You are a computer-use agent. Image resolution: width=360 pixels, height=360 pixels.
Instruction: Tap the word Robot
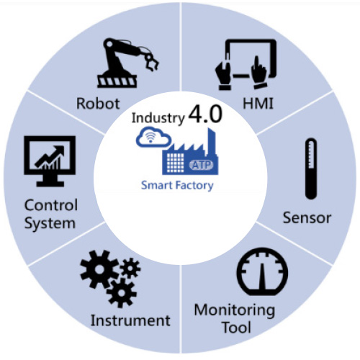coord(98,104)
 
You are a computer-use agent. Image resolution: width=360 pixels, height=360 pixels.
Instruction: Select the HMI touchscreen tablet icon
coord(246,64)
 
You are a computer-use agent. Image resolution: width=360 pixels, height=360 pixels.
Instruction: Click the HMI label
coord(258,104)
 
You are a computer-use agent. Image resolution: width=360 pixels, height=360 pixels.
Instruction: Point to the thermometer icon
coord(311,168)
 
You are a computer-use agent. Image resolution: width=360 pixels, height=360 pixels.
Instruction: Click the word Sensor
coord(307,218)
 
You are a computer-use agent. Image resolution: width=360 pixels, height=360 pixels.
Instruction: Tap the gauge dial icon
coord(262,272)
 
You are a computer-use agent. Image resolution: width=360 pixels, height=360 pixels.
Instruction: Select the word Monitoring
coord(235,311)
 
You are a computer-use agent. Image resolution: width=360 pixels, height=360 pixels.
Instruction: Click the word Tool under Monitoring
coord(237,327)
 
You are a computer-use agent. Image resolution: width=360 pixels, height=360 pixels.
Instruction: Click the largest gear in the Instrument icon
coord(99,269)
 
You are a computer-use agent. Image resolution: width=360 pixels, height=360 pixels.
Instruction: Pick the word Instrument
coord(130,320)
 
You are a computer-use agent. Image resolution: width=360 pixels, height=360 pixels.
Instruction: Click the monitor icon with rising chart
coord(50,161)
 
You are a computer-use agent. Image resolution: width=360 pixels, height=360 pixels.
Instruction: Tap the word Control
coord(51,205)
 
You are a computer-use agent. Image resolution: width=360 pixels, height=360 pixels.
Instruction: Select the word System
coord(50,224)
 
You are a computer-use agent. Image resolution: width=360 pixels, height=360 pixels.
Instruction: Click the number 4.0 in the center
coord(205,114)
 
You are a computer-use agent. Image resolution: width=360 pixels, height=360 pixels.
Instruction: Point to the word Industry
coord(158,118)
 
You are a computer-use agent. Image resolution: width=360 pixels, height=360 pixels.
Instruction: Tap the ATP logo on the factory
coord(201,165)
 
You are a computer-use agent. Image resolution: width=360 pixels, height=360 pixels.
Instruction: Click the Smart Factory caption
coord(177,186)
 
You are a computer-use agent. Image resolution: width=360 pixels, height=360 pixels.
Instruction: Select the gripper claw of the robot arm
coord(152,62)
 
